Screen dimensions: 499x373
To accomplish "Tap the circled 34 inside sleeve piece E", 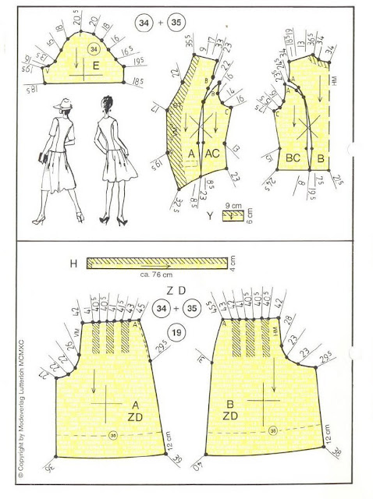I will tap(94, 48).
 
